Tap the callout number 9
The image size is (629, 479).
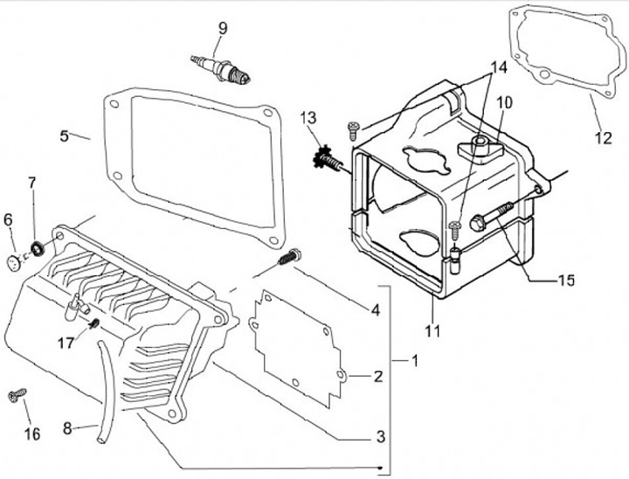tap(223, 29)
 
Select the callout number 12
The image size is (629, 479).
tap(604, 137)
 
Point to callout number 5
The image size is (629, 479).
tap(64, 135)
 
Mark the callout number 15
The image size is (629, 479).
tap(566, 281)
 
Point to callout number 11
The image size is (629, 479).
tap(433, 331)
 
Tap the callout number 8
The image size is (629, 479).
tap(66, 429)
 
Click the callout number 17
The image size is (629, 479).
tap(66, 344)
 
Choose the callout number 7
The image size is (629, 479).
tap(32, 184)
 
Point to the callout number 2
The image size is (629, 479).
tap(377, 377)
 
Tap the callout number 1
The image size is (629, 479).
tap(415, 360)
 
